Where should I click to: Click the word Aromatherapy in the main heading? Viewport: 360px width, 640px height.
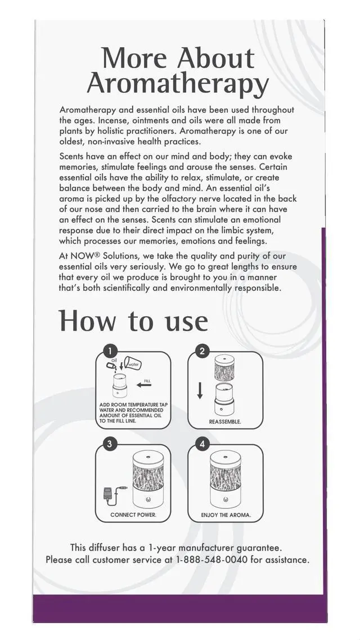178,84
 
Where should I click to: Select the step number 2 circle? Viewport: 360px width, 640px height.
202,352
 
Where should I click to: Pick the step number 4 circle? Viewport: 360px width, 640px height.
202,444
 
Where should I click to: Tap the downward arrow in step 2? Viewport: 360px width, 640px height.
200,390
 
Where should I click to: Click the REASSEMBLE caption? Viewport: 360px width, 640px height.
225,422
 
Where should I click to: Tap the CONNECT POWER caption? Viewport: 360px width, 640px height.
133,515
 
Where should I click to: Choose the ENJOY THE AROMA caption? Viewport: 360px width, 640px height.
226,515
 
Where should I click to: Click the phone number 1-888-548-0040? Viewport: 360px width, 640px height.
211,560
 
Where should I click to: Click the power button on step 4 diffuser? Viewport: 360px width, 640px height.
226,499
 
